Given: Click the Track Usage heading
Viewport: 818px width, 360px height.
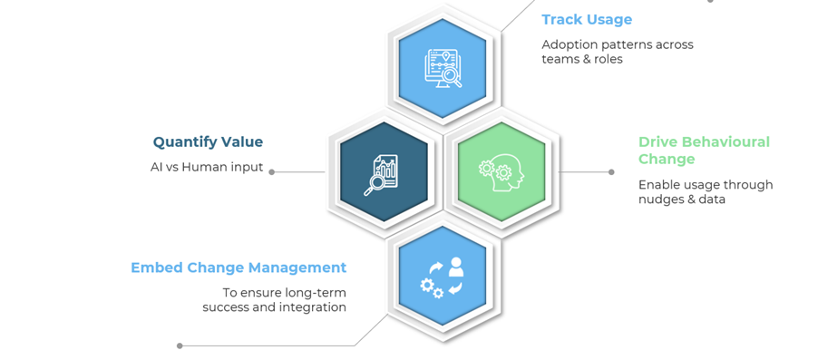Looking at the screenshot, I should pos(587,20).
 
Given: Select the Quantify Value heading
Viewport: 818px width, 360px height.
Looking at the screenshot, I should pos(208,141).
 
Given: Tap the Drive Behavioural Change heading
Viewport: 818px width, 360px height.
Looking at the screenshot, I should pos(704,150).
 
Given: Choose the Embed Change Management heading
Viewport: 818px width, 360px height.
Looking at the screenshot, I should pos(239,268).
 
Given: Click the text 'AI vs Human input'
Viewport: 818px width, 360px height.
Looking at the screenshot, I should pos(207,167).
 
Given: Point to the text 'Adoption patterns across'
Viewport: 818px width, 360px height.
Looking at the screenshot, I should pos(618,44).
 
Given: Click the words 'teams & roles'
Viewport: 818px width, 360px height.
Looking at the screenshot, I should pos(582,59).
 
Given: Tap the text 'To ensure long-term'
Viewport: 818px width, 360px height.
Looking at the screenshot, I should pos(285,292).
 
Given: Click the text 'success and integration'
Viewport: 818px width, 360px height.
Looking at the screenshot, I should pos(275,306).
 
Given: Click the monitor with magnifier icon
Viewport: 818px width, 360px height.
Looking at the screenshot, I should pos(443,67).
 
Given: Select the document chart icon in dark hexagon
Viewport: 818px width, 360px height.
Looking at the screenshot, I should pos(382,173).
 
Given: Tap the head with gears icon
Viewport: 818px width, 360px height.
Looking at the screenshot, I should pos(501,171).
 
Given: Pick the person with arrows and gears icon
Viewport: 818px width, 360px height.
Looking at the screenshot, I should pos(443,277).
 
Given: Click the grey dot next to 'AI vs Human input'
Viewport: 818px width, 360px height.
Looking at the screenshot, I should pos(272,171).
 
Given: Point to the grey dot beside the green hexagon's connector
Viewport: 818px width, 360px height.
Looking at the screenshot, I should pos(611,172).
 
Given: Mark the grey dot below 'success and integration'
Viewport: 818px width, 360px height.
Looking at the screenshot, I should pos(180,345).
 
